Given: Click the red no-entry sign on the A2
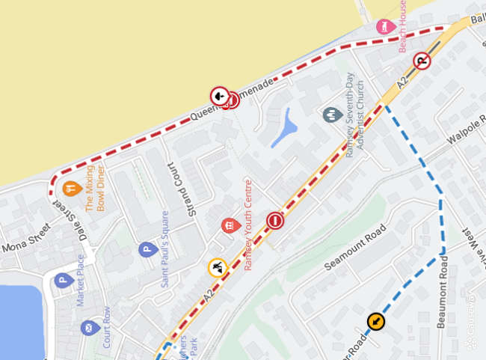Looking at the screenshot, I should pyautogui.click(x=275, y=221).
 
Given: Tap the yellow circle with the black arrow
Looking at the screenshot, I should pyautogui.click(x=375, y=322).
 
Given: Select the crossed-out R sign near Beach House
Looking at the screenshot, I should pyautogui.click(x=422, y=61).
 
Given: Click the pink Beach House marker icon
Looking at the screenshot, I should pyautogui.click(x=385, y=26).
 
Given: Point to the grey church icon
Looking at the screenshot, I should pyautogui.click(x=331, y=115).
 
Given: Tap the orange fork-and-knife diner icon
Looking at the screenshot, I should pyautogui.click(x=72, y=188).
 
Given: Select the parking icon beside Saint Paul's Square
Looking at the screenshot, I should pyautogui.click(x=147, y=249).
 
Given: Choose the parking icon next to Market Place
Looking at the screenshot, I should pyautogui.click(x=63, y=281).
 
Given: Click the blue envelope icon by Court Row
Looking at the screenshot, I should pyautogui.click(x=89, y=328).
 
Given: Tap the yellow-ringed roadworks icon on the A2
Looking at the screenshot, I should pyautogui.click(x=217, y=267).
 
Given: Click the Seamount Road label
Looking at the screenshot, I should pyautogui.click(x=355, y=248).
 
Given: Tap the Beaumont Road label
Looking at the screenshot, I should pyautogui.click(x=444, y=293).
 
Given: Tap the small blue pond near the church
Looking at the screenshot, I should pyautogui.click(x=283, y=129).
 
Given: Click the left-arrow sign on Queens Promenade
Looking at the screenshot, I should pyautogui.click(x=219, y=95).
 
